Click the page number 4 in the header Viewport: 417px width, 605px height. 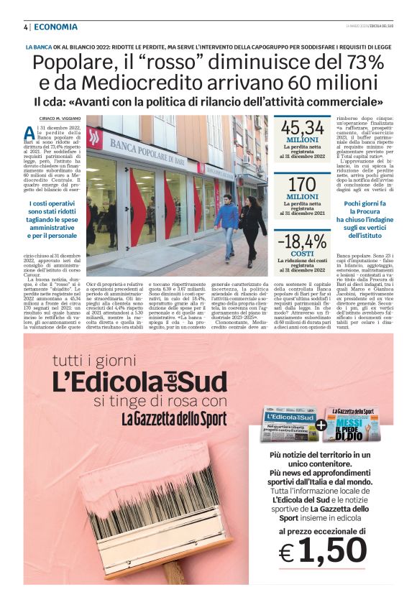26,27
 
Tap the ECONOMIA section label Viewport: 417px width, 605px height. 55,27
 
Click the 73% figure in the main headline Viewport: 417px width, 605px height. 362,62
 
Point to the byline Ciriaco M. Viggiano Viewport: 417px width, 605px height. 59,118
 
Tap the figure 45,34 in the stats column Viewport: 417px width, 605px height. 302,129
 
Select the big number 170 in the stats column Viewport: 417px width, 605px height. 302,183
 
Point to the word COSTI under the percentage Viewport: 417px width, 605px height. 302,254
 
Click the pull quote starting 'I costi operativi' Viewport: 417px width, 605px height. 52,218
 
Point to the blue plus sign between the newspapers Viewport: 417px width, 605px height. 319,425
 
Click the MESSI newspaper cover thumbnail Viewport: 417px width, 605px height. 351,425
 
